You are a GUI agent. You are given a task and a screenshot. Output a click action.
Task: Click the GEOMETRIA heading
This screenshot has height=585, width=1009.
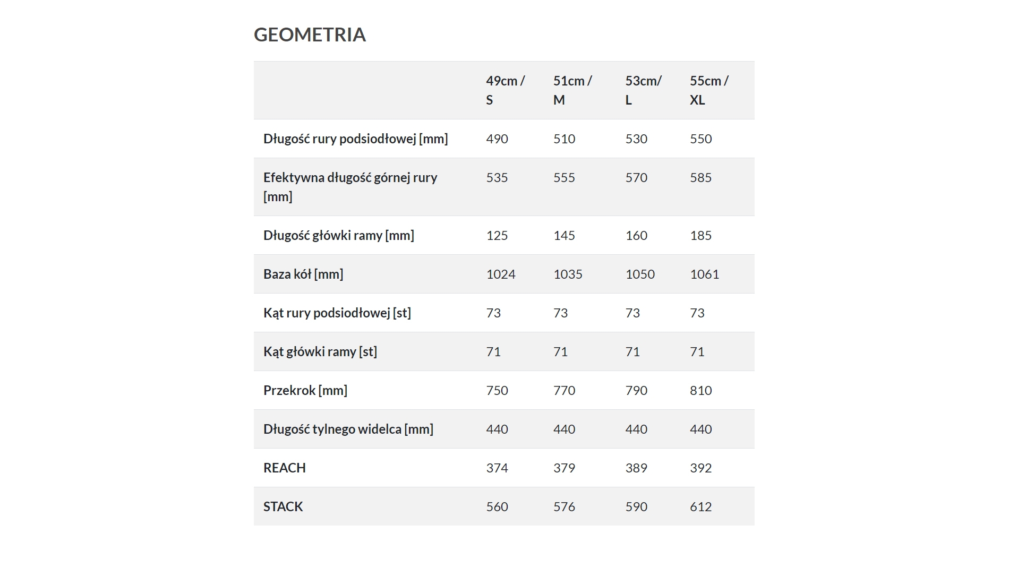click(x=310, y=35)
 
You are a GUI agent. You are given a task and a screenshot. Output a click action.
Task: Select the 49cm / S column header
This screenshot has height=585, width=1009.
click(x=505, y=90)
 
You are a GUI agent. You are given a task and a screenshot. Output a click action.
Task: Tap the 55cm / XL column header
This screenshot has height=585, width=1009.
click(x=709, y=90)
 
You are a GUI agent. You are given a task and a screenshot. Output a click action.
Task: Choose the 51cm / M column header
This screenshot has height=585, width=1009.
click(x=572, y=90)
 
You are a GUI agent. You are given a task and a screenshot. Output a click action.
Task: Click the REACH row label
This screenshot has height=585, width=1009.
click(x=285, y=468)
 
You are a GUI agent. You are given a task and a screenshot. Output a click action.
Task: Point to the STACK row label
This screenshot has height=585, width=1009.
click(x=283, y=506)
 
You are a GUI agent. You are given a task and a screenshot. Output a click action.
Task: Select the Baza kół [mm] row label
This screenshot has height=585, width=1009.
click(x=303, y=274)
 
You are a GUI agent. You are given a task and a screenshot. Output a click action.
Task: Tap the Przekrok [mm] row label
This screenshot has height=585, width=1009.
click(x=305, y=390)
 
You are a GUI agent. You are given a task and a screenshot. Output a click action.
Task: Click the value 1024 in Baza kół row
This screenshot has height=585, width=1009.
click(x=501, y=274)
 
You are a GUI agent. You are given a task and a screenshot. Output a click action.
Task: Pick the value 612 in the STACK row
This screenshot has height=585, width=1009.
click(x=700, y=506)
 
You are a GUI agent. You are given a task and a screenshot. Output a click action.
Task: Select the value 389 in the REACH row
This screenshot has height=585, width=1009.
click(x=636, y=468)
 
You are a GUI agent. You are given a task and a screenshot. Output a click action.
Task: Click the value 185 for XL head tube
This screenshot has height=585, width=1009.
click(x=700, y=235)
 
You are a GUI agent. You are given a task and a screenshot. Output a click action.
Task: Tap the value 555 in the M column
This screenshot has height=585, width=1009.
click(x=564, y=177)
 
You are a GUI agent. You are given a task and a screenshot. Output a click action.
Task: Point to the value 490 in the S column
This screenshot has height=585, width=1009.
click(x=497, y=139)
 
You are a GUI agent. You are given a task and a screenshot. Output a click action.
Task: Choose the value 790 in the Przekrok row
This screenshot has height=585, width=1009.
click(x=636, y=390)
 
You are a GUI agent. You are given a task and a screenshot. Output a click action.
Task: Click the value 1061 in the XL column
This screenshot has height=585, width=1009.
click(x=704, y=274)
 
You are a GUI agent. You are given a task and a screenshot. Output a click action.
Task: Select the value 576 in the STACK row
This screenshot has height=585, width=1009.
click(x=564, y=506)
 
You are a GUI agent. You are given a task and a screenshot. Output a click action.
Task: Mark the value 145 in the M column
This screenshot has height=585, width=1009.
click(x=564, y=235)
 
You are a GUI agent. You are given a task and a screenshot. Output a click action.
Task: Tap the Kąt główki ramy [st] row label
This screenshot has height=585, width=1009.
click(x=320, y=351)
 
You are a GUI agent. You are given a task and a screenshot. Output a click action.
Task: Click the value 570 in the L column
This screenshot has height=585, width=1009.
click(x=636, y=177)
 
